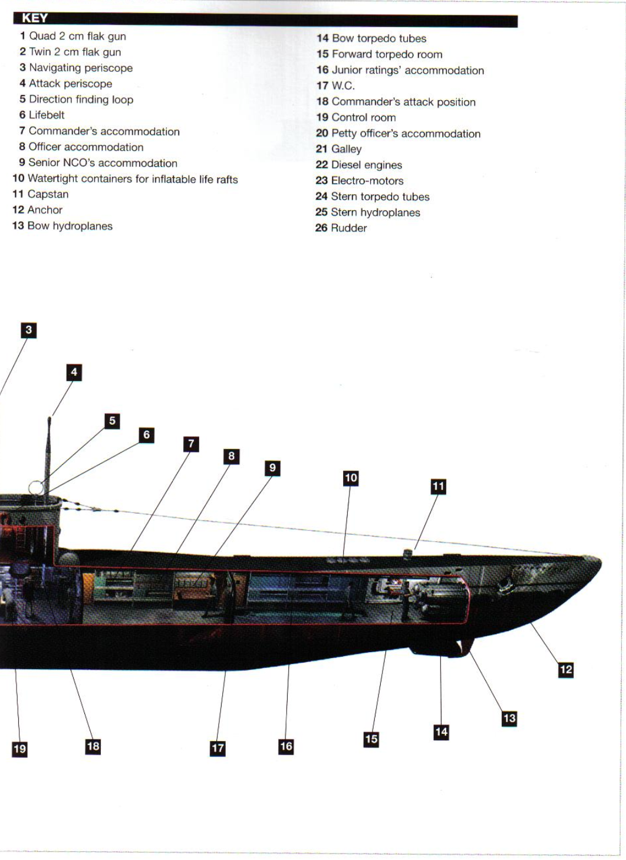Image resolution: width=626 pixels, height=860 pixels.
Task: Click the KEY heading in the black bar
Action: [35, 18]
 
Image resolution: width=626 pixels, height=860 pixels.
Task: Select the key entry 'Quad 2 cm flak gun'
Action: [73, 37]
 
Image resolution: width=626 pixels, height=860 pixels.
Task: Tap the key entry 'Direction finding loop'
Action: [76, 100]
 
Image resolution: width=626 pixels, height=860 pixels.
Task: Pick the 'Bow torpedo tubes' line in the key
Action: [371, 39]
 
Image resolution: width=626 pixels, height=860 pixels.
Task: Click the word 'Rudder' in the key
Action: [341, 229]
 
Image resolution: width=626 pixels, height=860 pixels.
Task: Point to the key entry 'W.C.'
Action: [336, 86]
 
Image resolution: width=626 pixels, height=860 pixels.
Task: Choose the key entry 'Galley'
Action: [339, 150]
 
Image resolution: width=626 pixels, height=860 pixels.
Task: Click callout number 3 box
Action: [28, 330]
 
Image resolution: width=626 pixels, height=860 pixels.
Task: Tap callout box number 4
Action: [74, 372]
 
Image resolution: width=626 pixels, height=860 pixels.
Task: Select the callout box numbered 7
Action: [191, 444]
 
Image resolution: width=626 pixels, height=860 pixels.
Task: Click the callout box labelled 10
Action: [351, 478]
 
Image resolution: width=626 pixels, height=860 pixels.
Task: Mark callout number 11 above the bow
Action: [438, 487]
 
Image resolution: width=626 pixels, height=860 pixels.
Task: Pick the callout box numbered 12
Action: [566, 669]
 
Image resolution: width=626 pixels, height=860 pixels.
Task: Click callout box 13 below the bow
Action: [509, 718]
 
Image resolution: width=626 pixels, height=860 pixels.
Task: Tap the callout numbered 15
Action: [371, 739]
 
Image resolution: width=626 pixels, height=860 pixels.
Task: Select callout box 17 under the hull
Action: [218, 748]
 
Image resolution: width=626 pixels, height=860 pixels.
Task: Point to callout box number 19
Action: [19, 749]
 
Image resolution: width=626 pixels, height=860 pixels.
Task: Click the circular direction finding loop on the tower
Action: [36, 488]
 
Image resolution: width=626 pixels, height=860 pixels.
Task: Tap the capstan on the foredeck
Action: [407, 552]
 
